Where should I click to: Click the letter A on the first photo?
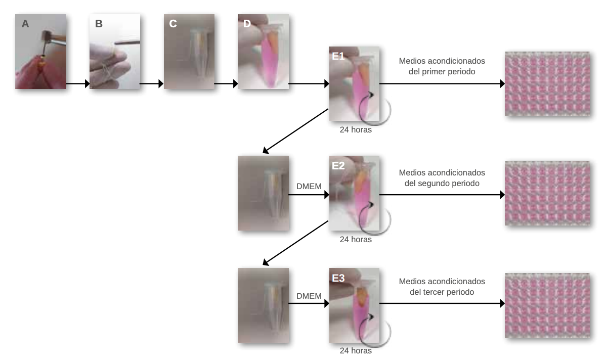(x=25, y=24)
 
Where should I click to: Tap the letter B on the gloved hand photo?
(x=99, y=24)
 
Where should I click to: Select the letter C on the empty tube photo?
(x=173, y=24)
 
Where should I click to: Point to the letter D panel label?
(x=247, y=24)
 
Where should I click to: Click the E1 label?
(x=338, y=57)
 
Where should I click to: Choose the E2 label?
(x=338, y=166)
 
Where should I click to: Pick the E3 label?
(x=338, y=278)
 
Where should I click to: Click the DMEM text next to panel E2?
(x=309, y=186)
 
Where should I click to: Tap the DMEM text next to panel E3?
(x=309, y=296)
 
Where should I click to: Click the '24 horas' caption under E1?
(x=356, y=130)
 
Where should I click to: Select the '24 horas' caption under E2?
(x=356, y=240)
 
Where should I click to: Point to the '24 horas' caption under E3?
(x=356, y=351)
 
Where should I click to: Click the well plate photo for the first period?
(x=547, y=83)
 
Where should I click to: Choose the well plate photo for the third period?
(x=547, y=305)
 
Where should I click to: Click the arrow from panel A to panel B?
(x=78, y=83)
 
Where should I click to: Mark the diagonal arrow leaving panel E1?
(x=295, y=131)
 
